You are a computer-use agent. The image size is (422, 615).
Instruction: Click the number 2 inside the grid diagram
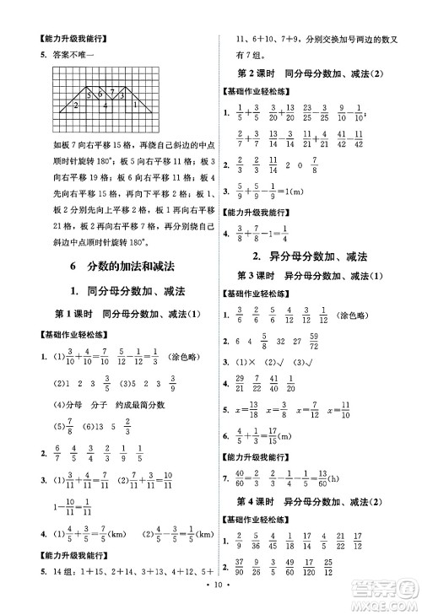(x=76, y=105)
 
